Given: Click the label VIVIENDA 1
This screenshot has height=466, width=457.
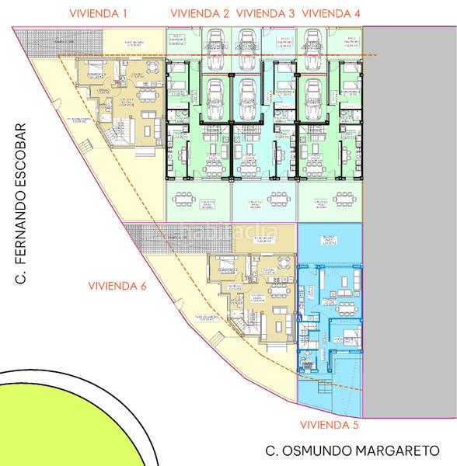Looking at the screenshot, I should click(x=98, y=14).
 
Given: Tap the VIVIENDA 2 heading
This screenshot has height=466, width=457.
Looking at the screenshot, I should click(x=199, y=14).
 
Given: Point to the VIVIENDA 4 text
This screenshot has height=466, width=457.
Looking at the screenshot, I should click(x=330, y=14).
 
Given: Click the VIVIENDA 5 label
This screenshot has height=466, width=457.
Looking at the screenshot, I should click(x=330, y=425).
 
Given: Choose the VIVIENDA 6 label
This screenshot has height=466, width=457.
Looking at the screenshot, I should click(x=117, y=286).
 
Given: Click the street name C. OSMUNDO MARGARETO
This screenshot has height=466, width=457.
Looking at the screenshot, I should click(x=352, y=450).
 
